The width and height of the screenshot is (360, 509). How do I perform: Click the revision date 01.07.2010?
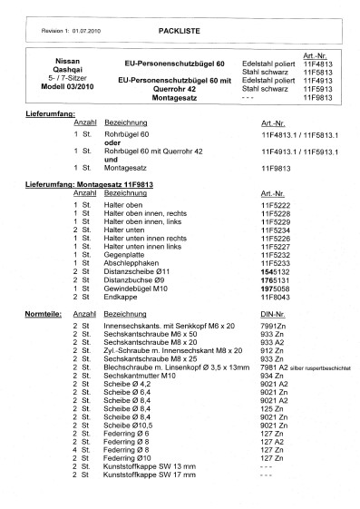(x=87, y=31)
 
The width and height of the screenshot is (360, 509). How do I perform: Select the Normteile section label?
(x=40, y=311)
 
